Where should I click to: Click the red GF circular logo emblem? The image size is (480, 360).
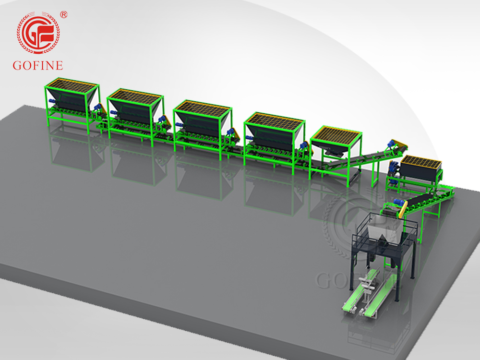[x=38, y=33]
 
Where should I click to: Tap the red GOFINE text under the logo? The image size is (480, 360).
[x=38, y=65]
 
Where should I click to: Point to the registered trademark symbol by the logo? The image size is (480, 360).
[x=64, y=15]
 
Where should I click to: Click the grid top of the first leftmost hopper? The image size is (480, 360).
[x=72, y=85]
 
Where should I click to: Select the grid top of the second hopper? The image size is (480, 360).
[x=135, y=96]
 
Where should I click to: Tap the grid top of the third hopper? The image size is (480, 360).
[x=203, y=108]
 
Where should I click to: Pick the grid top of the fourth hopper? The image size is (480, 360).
[x=275, y=120]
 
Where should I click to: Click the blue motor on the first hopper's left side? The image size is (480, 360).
[x=52, y=101]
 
